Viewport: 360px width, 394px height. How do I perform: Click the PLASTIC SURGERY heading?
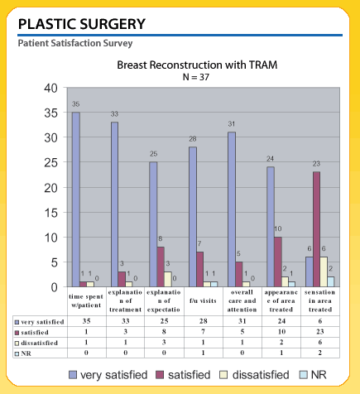82,24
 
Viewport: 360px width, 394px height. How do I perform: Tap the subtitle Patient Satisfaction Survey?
75,43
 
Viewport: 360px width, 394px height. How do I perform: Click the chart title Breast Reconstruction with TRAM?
197,65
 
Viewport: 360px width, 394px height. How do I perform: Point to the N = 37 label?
196,77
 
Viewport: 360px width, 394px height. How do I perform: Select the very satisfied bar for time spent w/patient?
76,199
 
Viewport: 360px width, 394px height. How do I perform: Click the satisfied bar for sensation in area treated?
316,229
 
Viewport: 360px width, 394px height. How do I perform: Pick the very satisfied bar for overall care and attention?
232,209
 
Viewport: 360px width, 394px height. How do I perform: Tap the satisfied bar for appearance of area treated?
278,262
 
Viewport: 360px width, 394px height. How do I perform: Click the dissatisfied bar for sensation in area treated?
324,271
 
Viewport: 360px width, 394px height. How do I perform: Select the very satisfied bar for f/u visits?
193,217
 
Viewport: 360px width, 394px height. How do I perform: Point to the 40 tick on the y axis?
51,89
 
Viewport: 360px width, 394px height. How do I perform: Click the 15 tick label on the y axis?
51,213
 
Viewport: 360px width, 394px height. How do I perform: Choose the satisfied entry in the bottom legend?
184,375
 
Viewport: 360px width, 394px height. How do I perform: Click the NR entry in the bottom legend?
313,375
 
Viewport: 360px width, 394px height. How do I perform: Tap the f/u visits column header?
203,300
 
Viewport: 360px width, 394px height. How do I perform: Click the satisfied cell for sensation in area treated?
320,332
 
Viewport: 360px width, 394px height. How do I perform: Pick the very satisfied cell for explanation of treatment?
126,321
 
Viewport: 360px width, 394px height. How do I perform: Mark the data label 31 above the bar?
232,124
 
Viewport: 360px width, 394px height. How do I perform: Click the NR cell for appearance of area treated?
281,353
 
